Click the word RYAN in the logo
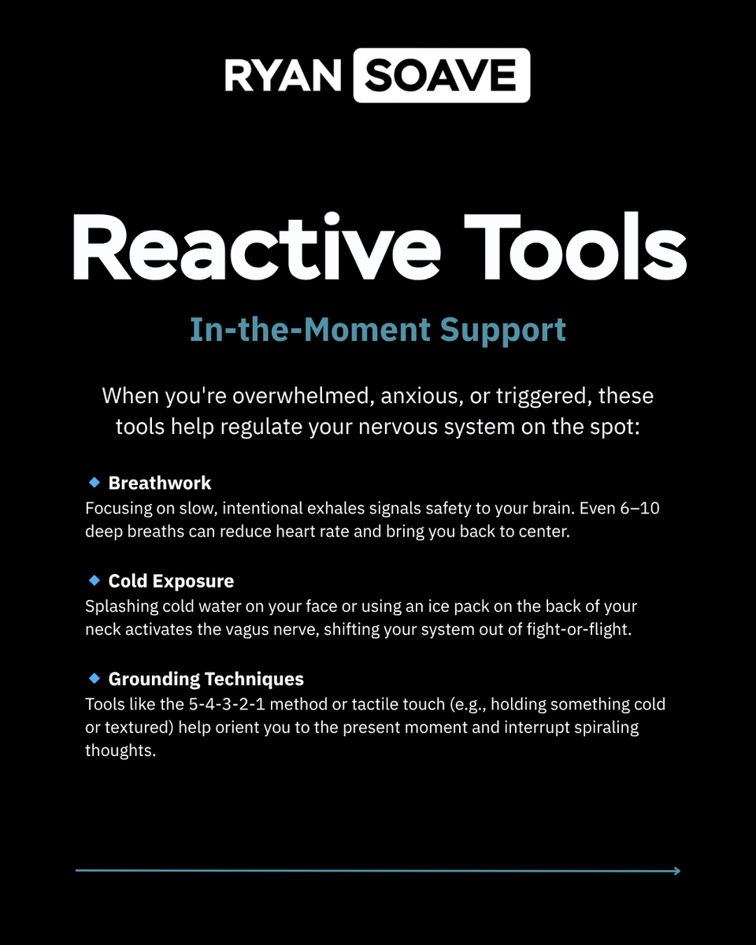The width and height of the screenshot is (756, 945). click(x=283, y=76)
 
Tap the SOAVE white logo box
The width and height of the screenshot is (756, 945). click(x=442, y=76)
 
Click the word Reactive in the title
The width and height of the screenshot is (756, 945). click(x=257, y=246)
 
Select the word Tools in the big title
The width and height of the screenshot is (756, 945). click(x=576, y=246)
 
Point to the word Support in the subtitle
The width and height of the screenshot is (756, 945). click(x=503, y=331)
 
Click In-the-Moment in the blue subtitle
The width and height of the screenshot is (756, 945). click(x=310, y=329)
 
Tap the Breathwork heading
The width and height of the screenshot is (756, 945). click(x=160, y=483)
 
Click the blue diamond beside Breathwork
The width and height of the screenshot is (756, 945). click(x=94, y=482)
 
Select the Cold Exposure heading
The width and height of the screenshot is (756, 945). click(x=172, y=581)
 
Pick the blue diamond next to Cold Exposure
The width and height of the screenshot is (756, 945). click(x=94, y=580)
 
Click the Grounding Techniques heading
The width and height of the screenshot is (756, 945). click(x=206, y=680)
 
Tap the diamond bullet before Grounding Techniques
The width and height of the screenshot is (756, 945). click(x=94, y=678)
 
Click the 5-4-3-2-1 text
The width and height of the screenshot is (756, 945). click(x=227, y=704)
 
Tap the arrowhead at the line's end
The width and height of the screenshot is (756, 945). click(x=678, y=871)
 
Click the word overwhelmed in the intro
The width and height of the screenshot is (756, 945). click(x=303, y=395)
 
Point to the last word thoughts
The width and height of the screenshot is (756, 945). click(x=120, y=750)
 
